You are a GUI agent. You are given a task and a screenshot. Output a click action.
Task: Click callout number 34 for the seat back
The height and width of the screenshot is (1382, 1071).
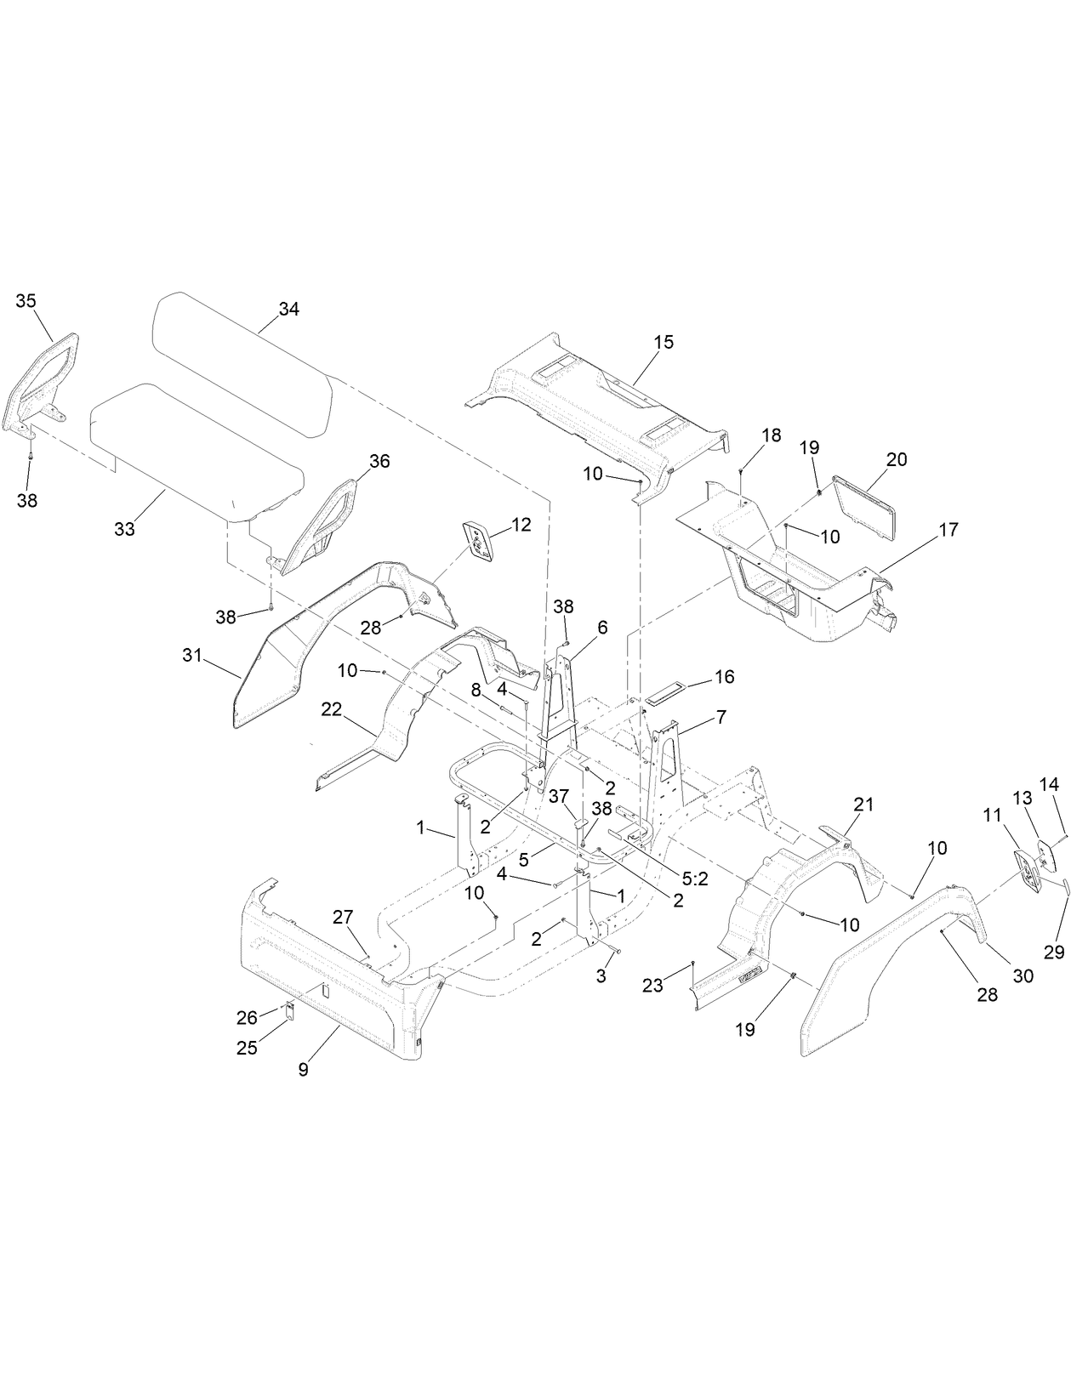tap(288, 310)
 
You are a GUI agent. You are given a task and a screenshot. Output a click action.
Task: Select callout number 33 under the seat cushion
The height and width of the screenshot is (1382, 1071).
tap(124, 529)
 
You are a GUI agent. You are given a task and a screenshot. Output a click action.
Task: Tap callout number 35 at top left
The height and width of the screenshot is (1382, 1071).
tap(26, 300)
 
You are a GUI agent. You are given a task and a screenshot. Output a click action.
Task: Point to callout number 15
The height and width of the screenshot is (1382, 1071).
tap(664, 342)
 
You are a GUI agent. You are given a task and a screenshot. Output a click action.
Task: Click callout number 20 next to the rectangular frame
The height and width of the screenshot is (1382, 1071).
tap(897, 459)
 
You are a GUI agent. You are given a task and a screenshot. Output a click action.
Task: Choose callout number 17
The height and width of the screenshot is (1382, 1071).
tap(949, 530)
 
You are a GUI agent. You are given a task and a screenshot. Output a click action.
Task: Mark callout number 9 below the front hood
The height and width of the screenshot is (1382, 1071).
tap(303, 1070)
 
